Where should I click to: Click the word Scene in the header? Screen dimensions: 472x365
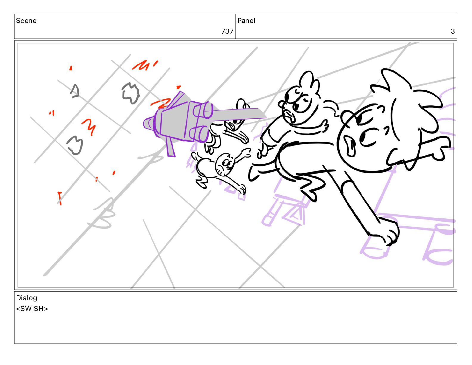pyautogui.click(x=26, y=21)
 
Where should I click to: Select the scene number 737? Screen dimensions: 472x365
pyautogui.click(x=227, y=31)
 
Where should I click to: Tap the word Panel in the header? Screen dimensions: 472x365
pyautogui.click(x=246, y=21)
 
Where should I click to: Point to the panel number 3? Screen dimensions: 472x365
pyautogui.click(x=453, y=31)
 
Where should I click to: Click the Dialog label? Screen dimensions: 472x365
pyautogui.click(x=27, y=298)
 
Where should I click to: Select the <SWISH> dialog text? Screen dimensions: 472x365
pyautogui.click(x=32, y=309)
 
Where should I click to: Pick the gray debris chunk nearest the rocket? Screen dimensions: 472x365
pyautogui.click(x=131, y=93)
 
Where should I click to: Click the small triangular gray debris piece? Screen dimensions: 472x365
pyautogui.click(x=75, y=91)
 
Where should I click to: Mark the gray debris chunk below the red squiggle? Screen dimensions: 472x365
pyautogui.click(x=75, y=145)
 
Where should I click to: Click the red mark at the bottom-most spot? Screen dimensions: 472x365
pyautogui.click(x=60, y=198)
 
